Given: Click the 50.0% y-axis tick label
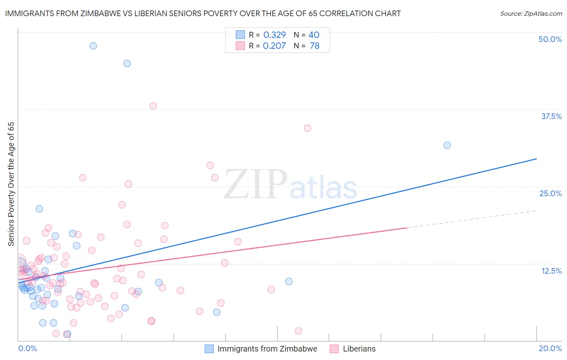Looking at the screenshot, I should click(x=550, y=39).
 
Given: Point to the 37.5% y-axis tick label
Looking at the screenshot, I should click(x=551, y=116).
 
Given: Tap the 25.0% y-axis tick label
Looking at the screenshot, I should click(x=550, y=193).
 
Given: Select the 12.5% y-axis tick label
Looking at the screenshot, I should click(x=551, y=271).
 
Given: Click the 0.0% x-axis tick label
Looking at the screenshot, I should click(x=27, y=348).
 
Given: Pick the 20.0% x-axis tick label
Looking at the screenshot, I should click(x=550, y=348).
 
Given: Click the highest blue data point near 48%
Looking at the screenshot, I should click(x=93, y=46).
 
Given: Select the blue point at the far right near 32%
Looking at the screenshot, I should click(x=447, y=145).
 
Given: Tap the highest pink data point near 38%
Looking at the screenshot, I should click(x=153, y=106).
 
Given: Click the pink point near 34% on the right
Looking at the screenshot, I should click(x=307, y=128).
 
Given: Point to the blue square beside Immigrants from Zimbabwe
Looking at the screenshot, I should click(x=209, y=349).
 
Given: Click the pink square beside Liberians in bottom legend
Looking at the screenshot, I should click(x=334, y=349).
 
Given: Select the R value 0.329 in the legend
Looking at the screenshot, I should click(x=274, y=35).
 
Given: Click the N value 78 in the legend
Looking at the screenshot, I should click(x=315, y=46).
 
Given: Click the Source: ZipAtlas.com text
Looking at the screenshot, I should click(x=531, y=13).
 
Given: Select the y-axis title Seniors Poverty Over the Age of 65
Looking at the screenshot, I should click(x=11, y=184).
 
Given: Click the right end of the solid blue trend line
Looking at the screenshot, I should click(x=536, y=159).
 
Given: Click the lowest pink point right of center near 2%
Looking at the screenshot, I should click(x=298, y=331).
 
